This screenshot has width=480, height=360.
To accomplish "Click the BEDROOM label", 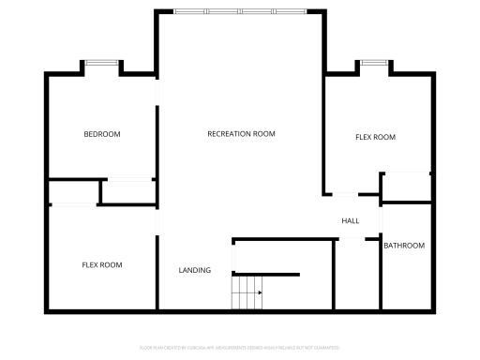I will (x=102, y=134).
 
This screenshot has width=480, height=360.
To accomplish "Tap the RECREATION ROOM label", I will (x=241, y=134).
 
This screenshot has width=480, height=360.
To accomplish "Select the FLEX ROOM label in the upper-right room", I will (x=375, y=138).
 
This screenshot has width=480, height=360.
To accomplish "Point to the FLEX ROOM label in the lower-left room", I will (x=102, y=265).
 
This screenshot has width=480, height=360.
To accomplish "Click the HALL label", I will (x=351, y=221).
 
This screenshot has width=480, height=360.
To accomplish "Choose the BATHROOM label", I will (x=404, y=246).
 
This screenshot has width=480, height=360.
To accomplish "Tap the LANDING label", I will (x=195, y=271).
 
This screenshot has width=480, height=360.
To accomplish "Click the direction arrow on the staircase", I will (x=258, y=292).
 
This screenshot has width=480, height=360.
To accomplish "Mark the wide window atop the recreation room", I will (x=239, y=11).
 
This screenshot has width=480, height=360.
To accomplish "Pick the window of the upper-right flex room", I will (x=374, y=63).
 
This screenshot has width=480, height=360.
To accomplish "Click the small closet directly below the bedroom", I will (x=128, y=190).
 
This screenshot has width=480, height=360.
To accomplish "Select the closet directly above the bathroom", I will (x=406, y=186).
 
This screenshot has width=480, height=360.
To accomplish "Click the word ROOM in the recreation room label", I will (x=265, y=134).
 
